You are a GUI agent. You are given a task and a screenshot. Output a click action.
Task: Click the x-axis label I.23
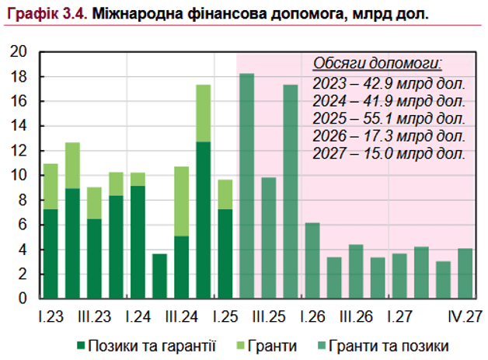click(x=50, y=317)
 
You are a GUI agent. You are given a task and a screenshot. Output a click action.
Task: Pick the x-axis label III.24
click(x=181, y=317)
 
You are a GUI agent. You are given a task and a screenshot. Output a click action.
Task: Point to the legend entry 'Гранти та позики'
click(x=385, y=344)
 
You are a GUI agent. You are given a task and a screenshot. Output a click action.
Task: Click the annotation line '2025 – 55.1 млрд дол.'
click(x=389, y=118)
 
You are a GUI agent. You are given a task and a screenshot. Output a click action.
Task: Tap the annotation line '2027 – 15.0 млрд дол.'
click(x=389, y=153)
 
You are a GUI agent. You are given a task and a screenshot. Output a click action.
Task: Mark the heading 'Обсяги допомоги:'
click(x=378, y=63)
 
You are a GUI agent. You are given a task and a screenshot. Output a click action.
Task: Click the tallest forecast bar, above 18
click(x=247, y=187)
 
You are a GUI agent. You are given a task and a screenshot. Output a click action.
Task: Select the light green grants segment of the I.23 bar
click(x=51, y=187)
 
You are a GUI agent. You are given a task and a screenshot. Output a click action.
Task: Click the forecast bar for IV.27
click(x=465, y=273)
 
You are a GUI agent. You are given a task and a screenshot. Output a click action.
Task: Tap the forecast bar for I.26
click(x=312, y=260)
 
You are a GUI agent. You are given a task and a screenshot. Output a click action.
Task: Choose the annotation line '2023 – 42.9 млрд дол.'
click(x=389, y=83)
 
